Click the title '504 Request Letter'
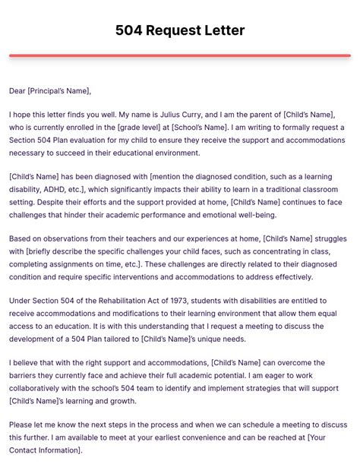point(180,31)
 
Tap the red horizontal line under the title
point(180,55)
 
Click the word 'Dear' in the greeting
point(18,91)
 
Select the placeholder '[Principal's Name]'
point(60,91)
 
